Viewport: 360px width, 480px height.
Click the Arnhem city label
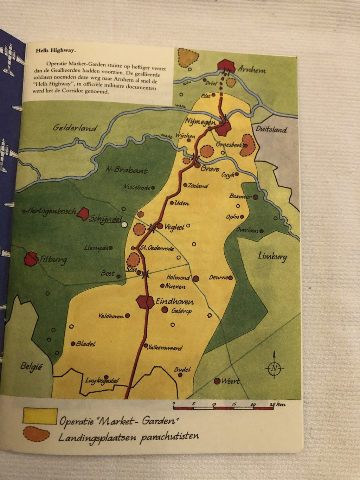252,69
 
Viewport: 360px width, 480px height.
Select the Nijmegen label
200,122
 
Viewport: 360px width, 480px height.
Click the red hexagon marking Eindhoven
145,302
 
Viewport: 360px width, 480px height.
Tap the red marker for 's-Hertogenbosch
83,213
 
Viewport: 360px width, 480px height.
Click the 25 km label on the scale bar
277,404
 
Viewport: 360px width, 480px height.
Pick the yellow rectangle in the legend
40,416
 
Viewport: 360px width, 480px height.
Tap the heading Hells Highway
56,50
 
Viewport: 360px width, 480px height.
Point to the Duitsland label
271,129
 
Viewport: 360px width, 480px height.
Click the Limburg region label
272,256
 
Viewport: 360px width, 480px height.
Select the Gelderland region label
75,128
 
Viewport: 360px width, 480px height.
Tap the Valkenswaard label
165,347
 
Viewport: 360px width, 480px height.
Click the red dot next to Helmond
196,279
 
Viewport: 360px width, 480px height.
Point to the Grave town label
210,169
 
